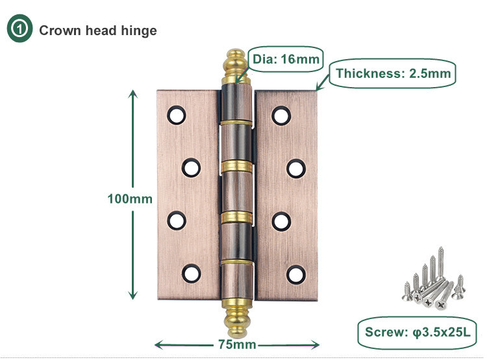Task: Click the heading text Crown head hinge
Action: (98, 31)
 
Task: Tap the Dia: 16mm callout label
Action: (286, 60)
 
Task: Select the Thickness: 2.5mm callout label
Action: (392, 73)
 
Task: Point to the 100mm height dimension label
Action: (130, 199)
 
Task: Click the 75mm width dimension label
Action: (236, 344)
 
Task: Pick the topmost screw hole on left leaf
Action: (176, 116)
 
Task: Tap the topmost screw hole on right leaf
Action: (281, 116)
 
